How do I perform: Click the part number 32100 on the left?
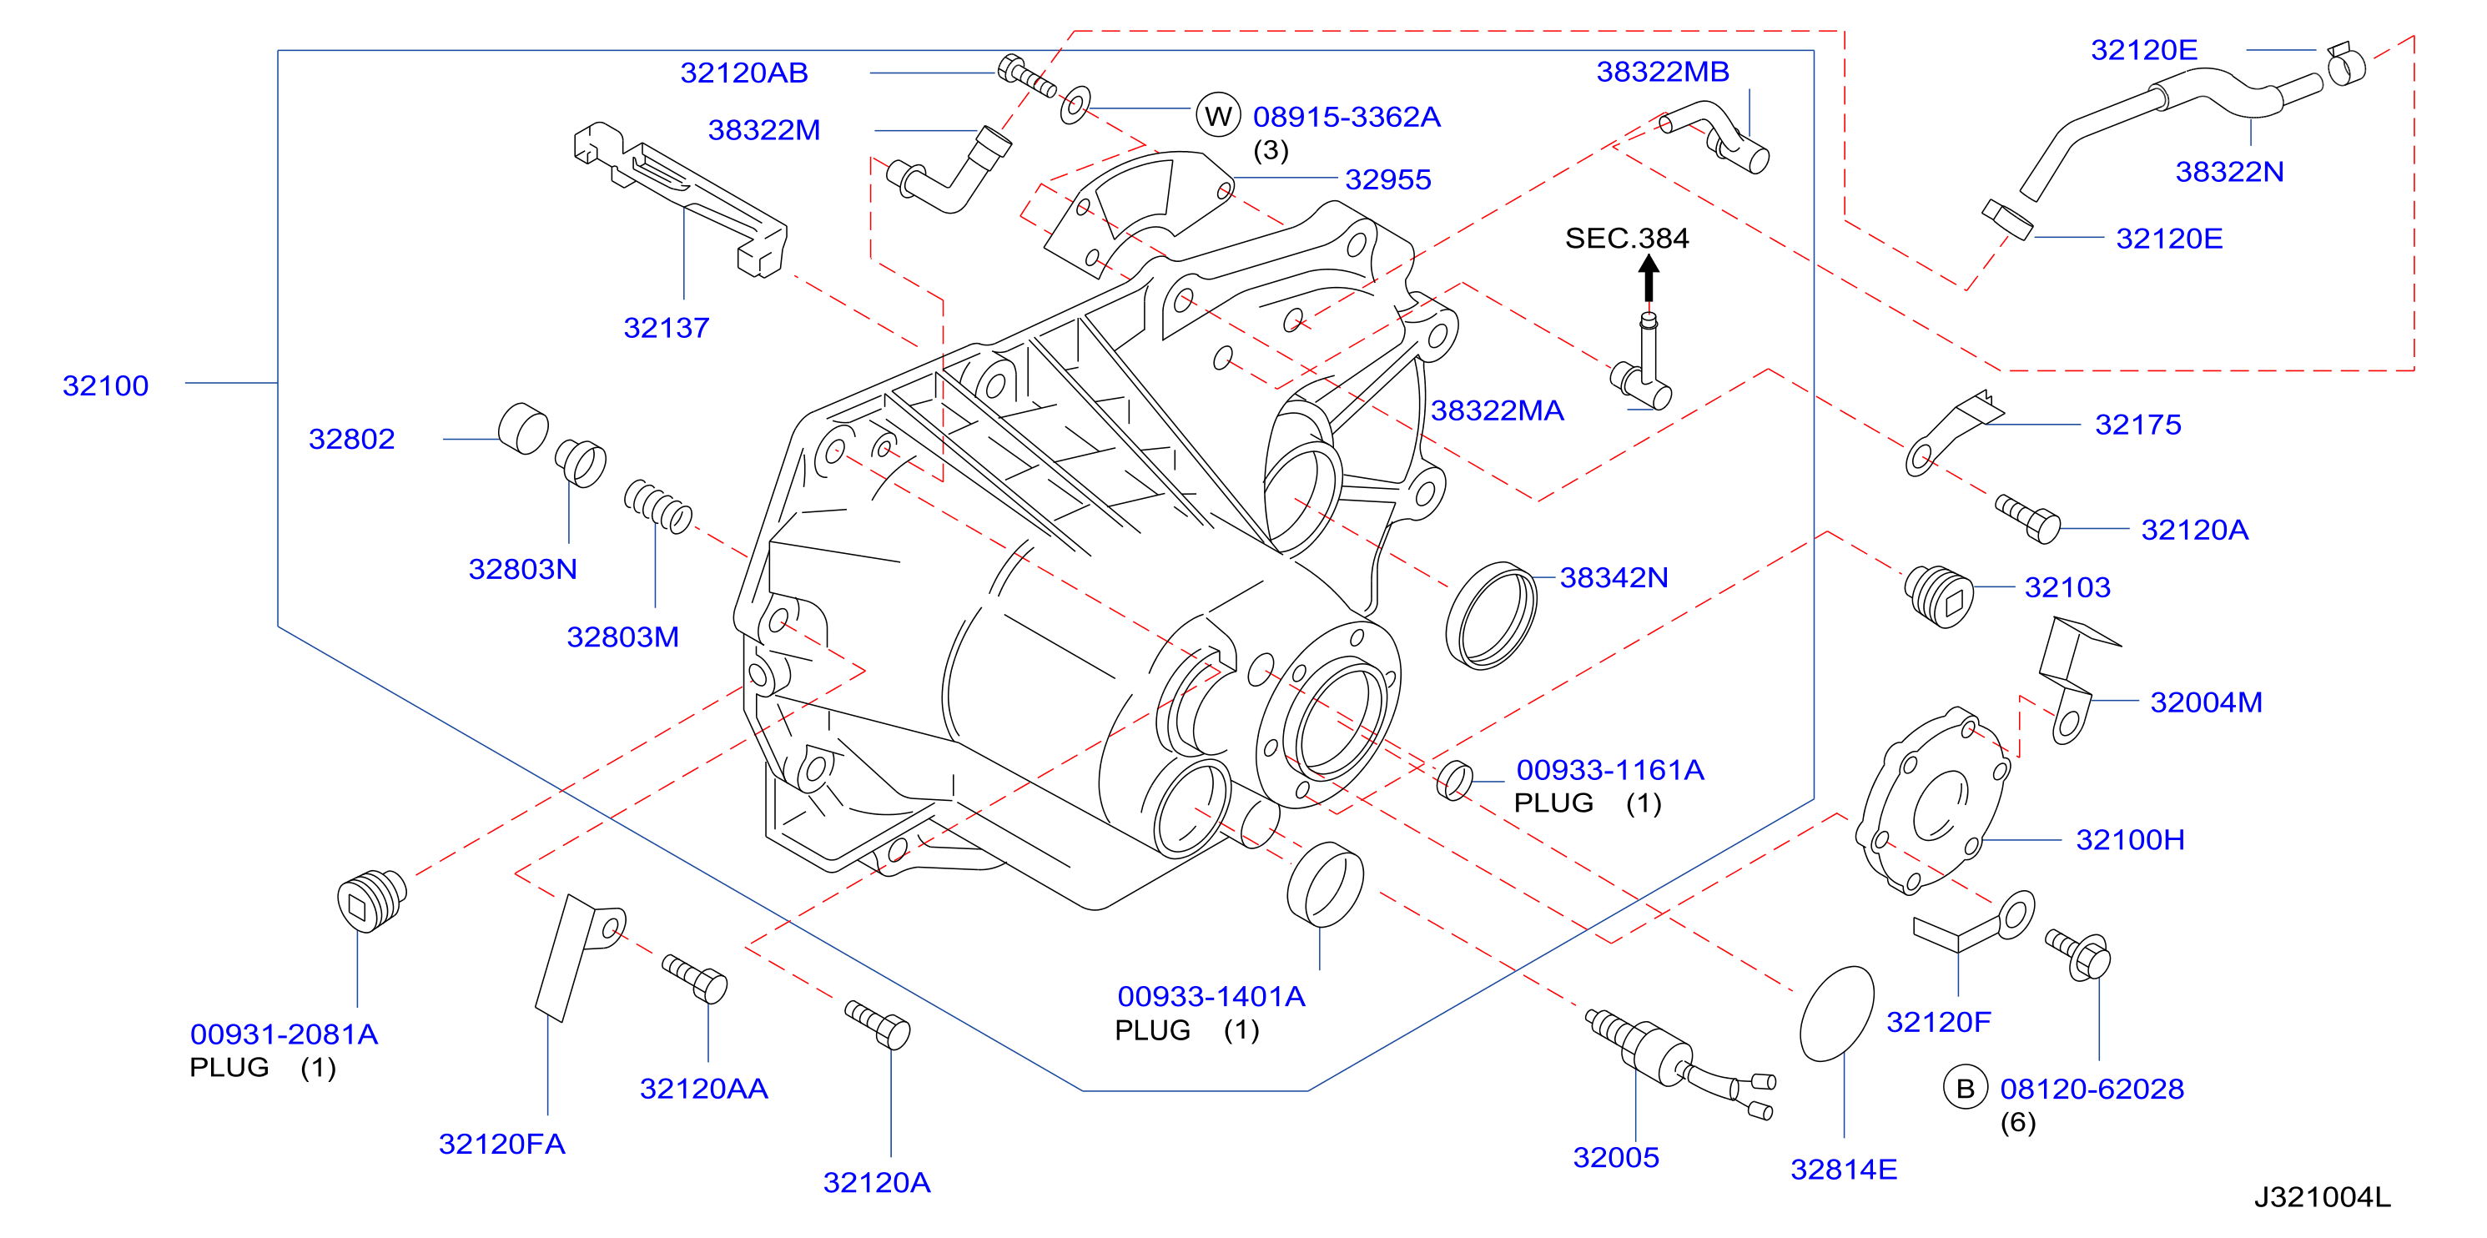pyautogui.click(x=105, y=385)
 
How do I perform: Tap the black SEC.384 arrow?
pyautogui.click(x=1649, y=278)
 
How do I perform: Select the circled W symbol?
pyautogui.click(x=1217, y=116)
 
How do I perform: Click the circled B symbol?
pyautogui.click(x=1965, y=1089)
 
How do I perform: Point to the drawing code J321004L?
pyautogui.click(x=2322, y=1197)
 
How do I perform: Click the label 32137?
pyautogui.click(x=666, y=327)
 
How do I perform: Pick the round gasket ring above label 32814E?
pyautogui.click(x=1836, y=1013)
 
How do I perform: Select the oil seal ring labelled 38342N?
pyautogui.click(x=1491, y=615)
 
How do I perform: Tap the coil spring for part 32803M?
pyautogui.click(x=657, y=506)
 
